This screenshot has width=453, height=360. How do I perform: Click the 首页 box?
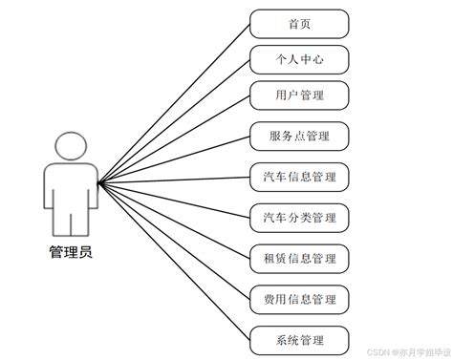298,24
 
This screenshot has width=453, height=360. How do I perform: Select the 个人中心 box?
298,60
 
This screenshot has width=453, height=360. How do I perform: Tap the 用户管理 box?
298,95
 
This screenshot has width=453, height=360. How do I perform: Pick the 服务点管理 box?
298,136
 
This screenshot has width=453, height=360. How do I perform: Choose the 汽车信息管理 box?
298,178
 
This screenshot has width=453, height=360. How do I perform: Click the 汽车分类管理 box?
298,218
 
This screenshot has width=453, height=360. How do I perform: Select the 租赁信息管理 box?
298,258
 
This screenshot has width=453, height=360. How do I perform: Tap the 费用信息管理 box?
298,300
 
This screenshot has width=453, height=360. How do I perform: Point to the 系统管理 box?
298,339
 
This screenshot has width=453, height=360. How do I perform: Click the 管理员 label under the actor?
71,252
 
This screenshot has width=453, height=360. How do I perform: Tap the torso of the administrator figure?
71,191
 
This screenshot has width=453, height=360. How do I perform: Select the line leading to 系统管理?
174,259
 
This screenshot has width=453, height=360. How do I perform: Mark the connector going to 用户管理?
174,138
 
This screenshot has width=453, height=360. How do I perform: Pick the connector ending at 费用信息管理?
174,240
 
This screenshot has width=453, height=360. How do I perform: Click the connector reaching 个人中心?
174,119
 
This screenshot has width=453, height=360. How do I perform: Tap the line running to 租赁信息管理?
174,219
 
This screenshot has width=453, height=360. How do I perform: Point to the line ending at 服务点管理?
174,158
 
